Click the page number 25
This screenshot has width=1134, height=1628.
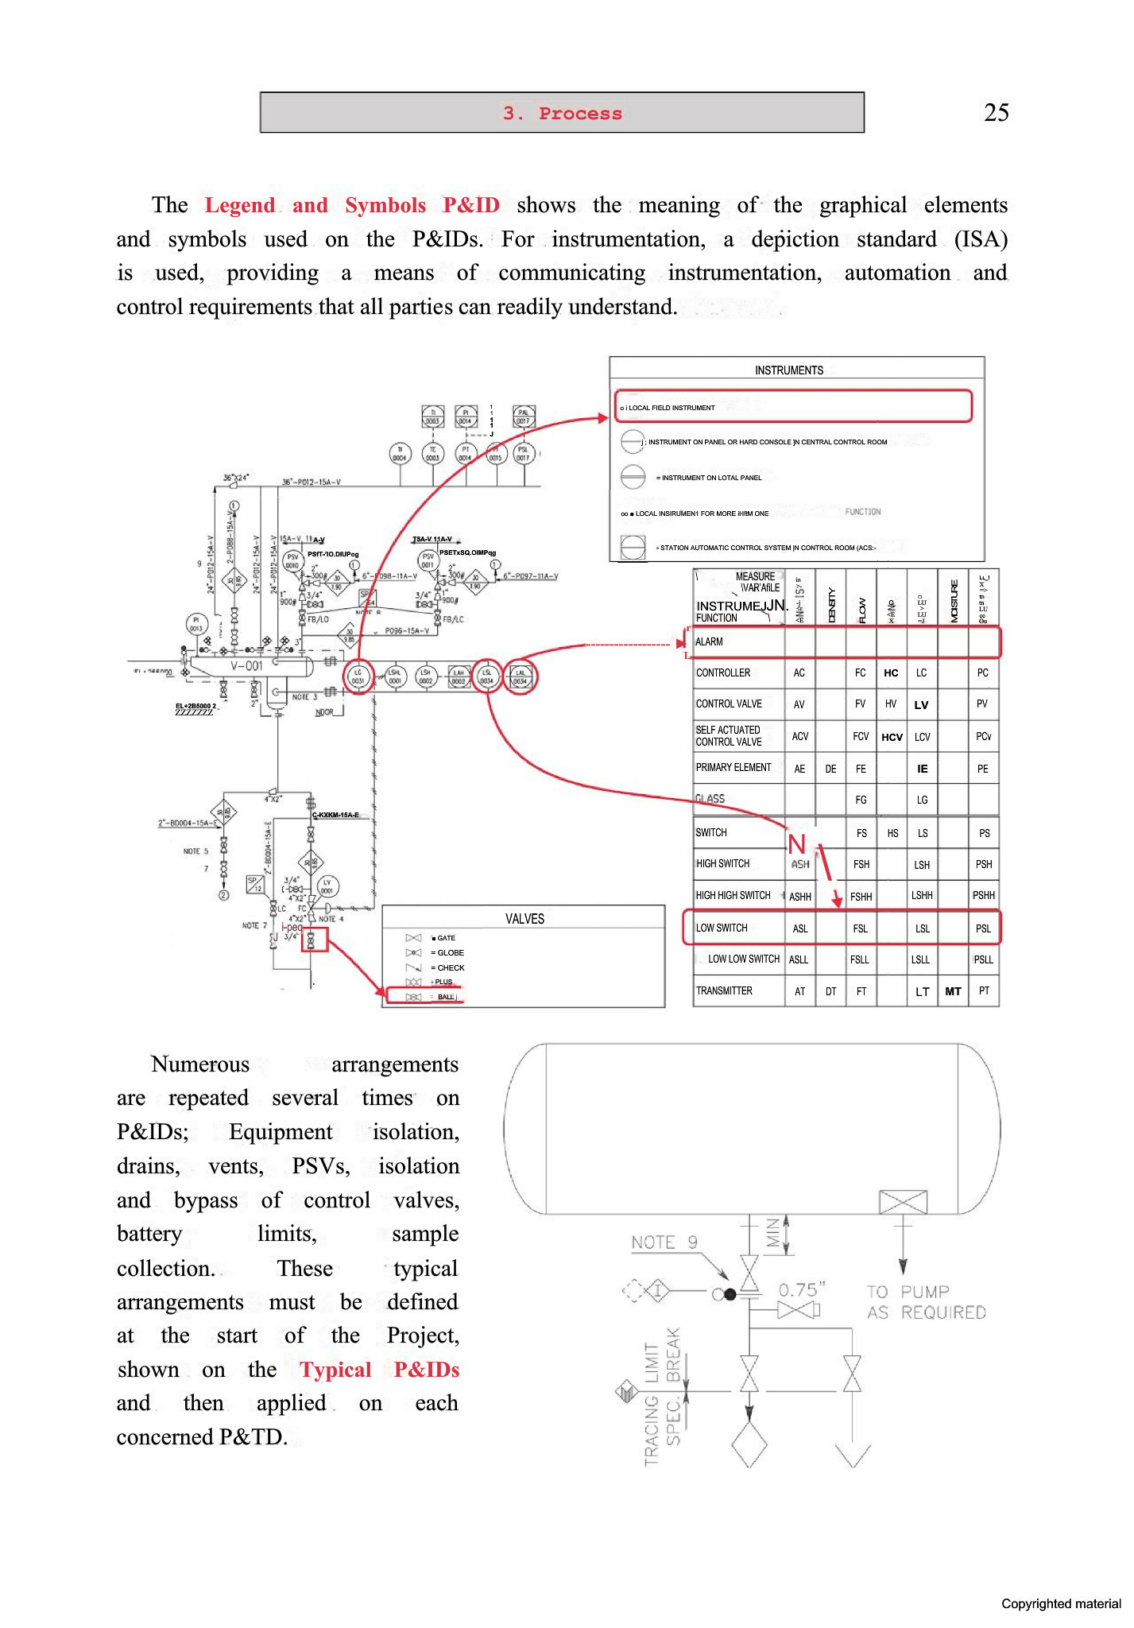tap(996, 112)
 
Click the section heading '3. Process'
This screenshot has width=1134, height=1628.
tap(562, 113)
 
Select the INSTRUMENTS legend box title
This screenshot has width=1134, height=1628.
tap(788, 370)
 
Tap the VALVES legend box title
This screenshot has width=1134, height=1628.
tap(524, 919)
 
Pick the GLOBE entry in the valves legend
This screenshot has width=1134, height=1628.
tap(449, 952)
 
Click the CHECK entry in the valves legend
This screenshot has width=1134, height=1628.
tap(449, 967)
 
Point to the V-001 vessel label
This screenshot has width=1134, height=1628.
tap(246, 665)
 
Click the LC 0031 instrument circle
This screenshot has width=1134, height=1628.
tap(358, 676)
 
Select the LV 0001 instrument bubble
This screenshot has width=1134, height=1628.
tap(327, 886)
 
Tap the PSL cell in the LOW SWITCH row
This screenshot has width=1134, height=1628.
tap(983, 928)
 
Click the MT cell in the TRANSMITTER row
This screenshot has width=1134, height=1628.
tap(953, 991)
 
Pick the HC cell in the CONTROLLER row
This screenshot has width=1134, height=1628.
tap(891, 673)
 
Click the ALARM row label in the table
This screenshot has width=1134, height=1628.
tap(710, 642)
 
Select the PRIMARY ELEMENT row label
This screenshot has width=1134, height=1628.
tap(733, 767)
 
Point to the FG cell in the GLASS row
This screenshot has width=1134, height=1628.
tap(861, 800)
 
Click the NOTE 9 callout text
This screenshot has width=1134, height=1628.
tap(664, 1242)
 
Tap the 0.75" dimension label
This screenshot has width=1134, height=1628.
tap(802, 1289)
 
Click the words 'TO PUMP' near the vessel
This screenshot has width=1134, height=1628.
tap(908, 1292)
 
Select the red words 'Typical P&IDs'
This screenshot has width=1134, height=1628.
tap(379, 1370)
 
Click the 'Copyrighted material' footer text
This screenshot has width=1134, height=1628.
tap(1060, 1603)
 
